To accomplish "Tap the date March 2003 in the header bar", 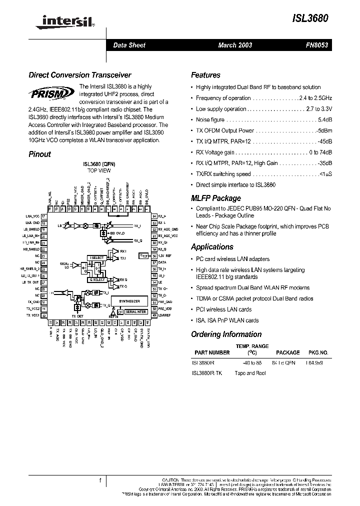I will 235,45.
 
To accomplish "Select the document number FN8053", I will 317,45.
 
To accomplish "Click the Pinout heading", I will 39,154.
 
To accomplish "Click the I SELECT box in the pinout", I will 97,258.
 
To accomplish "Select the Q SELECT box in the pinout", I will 97,279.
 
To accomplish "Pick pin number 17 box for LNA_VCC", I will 43,216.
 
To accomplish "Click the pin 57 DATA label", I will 162,262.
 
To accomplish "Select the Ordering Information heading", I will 226,334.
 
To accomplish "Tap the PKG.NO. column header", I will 318,352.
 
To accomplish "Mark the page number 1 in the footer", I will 100,481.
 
